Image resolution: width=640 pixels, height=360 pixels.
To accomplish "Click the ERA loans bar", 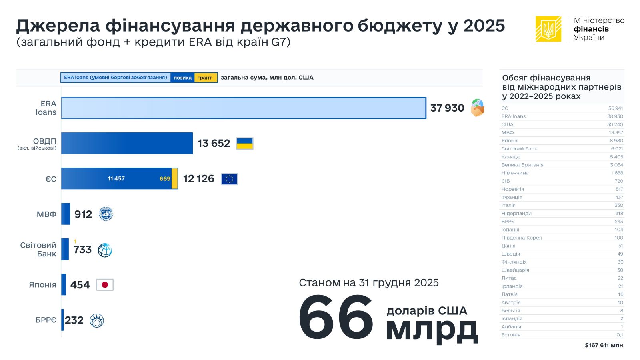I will tap(243, 108).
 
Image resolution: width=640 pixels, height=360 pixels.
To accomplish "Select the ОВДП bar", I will tap(127, 143).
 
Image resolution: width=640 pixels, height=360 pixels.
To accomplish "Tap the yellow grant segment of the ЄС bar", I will tap(175, 178).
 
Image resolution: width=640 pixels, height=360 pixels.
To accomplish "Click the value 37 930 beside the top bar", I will tap(447, 108).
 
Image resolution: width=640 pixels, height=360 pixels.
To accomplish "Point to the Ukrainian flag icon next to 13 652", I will tap(245, 143).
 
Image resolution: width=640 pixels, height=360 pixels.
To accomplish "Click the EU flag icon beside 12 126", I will tap(229, 179).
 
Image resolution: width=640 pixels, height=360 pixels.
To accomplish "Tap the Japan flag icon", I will tap(105, 285).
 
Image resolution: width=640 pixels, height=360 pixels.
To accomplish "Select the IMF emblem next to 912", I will tap(106, 214).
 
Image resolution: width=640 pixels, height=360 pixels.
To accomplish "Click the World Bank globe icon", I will tap(105, 250).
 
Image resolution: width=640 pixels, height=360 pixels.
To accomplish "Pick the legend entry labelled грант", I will tap(205, 78).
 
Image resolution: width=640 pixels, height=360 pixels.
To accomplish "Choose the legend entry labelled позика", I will tap(182, 78).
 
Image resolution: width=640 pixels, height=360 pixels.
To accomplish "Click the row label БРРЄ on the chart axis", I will tap(46, 320).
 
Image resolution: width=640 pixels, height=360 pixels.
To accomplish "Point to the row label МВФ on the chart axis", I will tap(47, 214).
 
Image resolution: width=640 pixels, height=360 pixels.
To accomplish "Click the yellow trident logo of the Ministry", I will tap(548, 29).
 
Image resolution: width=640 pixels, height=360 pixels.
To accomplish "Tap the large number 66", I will tap(336, 318).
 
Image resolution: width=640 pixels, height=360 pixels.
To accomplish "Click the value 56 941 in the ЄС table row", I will tap(615, 108).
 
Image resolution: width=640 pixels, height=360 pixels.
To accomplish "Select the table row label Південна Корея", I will tap(522, 238).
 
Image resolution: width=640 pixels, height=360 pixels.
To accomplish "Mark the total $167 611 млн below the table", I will tap(604, 345).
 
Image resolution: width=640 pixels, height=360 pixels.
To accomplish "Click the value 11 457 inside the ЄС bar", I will tap(116, 178).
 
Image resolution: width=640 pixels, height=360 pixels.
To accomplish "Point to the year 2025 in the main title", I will tap(484, 26).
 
